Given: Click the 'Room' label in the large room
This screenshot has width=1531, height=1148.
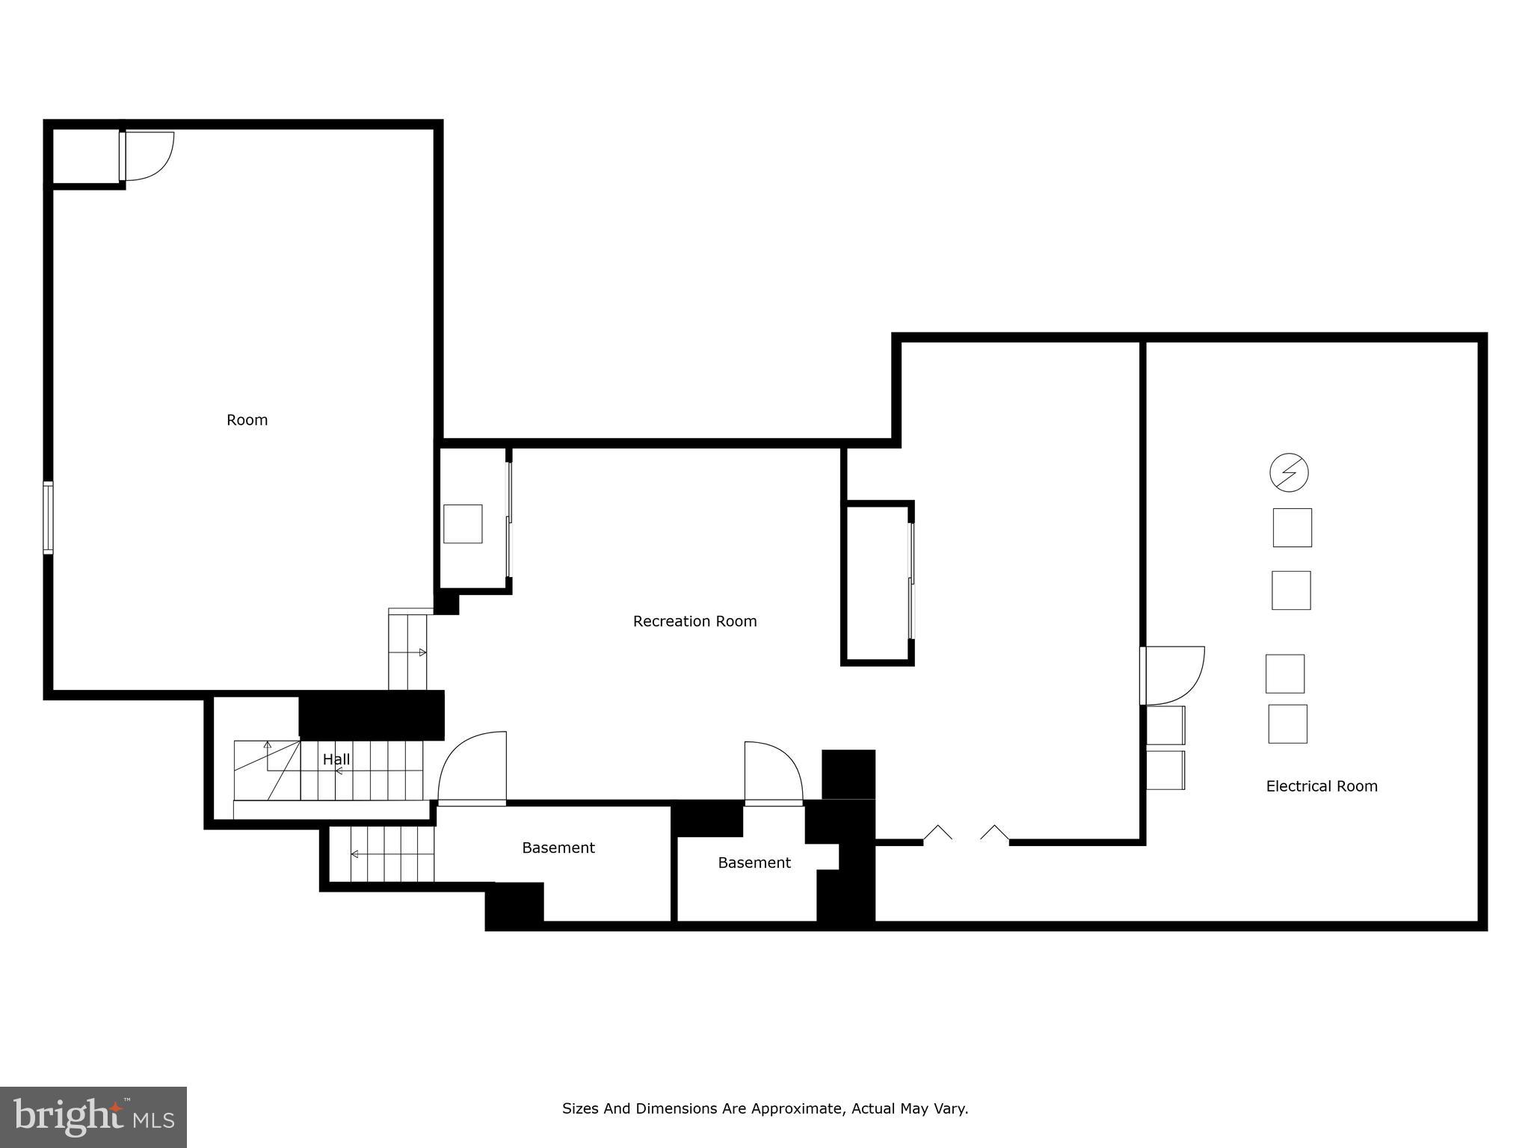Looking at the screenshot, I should [x=247, y=420].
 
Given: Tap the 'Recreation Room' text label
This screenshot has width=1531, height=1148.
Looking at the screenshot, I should [x=694, y=621].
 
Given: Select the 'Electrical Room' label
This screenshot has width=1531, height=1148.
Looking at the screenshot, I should [x=1321, y=786].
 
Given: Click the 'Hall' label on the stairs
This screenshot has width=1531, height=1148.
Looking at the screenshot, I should [x=336, y=759].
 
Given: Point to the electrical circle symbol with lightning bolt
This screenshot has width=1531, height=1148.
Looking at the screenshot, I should [x=1290, y=472].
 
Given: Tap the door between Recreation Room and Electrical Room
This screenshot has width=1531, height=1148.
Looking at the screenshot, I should [x=1171, y=676].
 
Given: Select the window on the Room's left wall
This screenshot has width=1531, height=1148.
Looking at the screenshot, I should [x=48, y=518].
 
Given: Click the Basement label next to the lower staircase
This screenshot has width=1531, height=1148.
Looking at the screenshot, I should [x=558, y=848].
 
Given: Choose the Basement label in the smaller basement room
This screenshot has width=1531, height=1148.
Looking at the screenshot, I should [x=754, y=862].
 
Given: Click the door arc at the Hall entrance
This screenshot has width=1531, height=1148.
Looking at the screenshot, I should [x=472, y=768].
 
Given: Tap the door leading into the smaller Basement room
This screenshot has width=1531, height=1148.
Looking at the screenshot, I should [x=773, y=774].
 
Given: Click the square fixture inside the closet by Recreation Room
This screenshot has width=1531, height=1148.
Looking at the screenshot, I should [x=463, y=523].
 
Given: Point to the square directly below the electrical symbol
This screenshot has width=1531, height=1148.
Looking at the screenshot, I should [x=1292, y=528].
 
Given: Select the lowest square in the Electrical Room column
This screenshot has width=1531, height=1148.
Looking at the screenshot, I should [x=1287, y=723].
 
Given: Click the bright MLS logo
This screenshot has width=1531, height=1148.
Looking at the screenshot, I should [x=93, y=1117].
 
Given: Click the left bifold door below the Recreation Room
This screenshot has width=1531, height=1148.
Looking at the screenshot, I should [x=937, y=833].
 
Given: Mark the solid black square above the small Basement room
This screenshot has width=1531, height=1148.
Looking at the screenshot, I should [x=848, y=774].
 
